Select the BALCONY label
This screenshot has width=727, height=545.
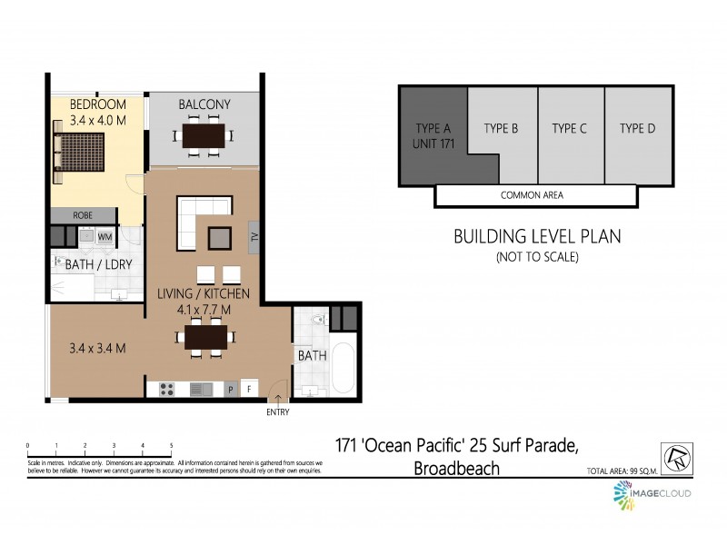click(204, 104)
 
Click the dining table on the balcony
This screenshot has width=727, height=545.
click(204, 137)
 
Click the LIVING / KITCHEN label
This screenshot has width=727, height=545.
click(203, 293)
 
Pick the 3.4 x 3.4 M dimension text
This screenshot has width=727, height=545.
click(97, 347)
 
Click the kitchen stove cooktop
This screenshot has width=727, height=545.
click(167, 389)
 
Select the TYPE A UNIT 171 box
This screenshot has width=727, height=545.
click(433, 136)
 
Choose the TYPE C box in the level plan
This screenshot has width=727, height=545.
click(570, 128)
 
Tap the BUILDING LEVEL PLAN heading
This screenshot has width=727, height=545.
click(537, 237)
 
